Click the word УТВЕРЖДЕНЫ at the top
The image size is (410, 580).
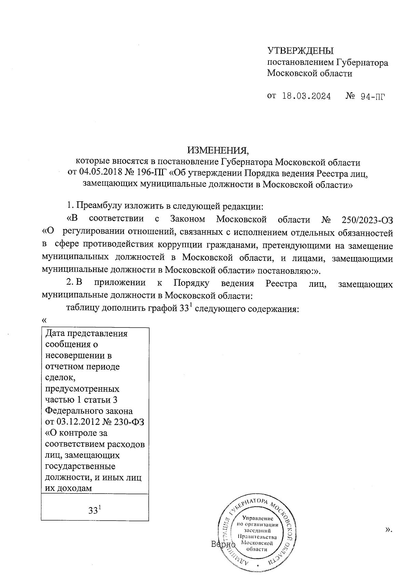(300, 51)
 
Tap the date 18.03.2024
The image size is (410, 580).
(306, 96)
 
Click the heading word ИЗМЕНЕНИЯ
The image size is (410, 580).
(217, 150)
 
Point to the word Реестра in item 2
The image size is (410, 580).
(281, 283)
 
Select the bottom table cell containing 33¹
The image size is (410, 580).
(95, 510)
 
